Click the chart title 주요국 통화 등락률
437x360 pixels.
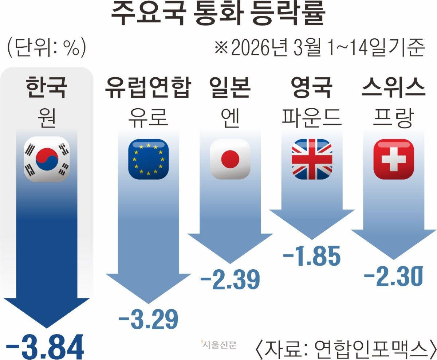tap(217, 15)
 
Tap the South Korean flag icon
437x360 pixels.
tap(47, 159)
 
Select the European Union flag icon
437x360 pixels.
tap(148, 159)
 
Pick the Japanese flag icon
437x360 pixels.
tap(230, 159)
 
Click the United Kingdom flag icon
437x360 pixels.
tap(312, 159)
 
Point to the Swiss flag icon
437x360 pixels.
tap(394, 159)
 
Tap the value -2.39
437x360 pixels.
tap(230, 279)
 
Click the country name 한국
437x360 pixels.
tap(47, 89)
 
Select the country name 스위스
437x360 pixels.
tap(394, 89)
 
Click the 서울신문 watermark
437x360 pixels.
tap(218, 344)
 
